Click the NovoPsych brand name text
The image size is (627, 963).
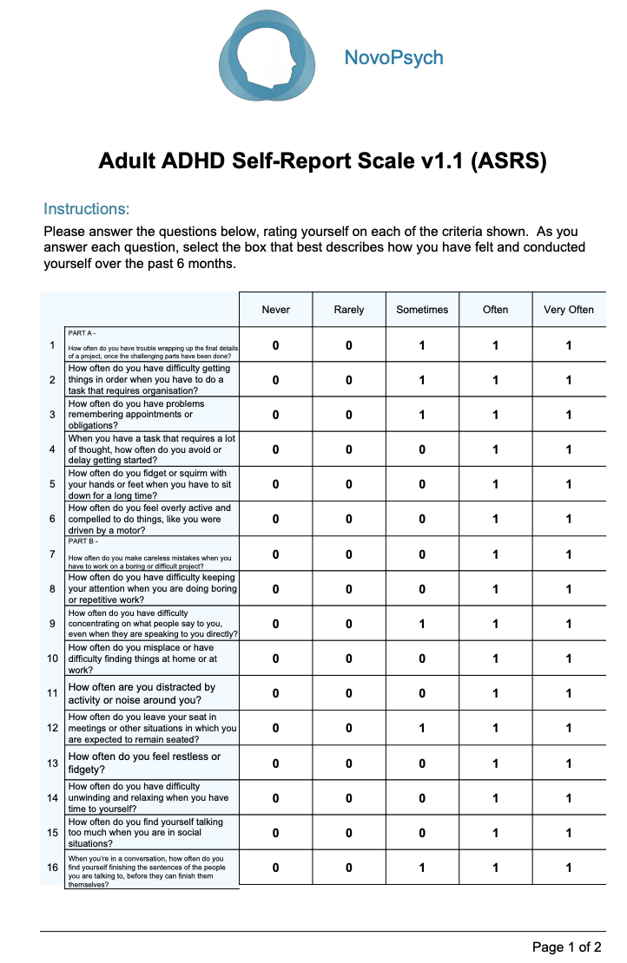pyautogui.click(x=393, y=58)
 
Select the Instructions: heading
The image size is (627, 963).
pyautogui.click(x=86, y=209)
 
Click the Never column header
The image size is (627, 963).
pyautogui.click(x=275, y=310)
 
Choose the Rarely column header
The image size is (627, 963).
pyautogui.click(x=349, y=310)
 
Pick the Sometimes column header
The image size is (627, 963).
pyautogui.click(x=422, y=310)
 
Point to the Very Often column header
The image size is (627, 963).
pyautogui.click(x=569, y=310)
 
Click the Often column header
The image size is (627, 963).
pyautogui.click(x=495, y=310)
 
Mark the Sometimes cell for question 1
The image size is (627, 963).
pyautogui.click(x=422, y=345)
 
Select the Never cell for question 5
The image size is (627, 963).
pyautogui.click(x=275, y=484)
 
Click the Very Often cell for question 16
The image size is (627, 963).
pyautogui.click(x=569, y=868)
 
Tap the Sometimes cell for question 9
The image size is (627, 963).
pyautogui.click(x=422, y=624)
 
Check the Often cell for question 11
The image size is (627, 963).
pyautogui.click(x=495, y=693)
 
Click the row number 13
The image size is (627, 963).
pyautogui.click(x=52, y=763)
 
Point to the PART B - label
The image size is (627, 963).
pyautogui.click(x=82, y=541)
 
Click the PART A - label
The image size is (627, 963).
pyautogui.click(x=82, y=332)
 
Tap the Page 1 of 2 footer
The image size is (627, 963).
pyautogui.click(x=567, y=947)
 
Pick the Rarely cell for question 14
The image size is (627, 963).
pyautogui.click(x=349, y=798)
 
